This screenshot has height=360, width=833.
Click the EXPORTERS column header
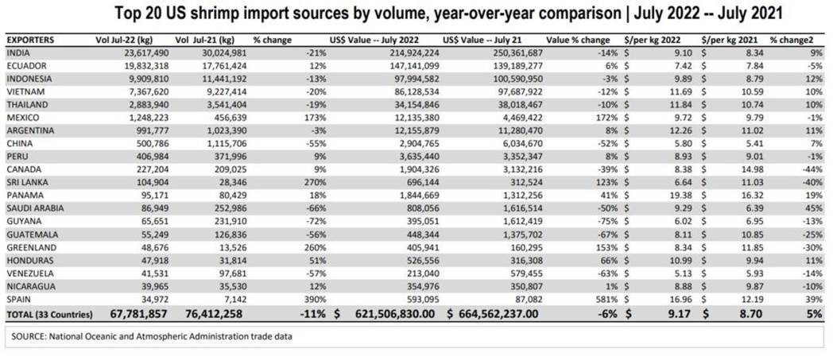point(29,40)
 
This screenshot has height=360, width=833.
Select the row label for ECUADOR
point(25,67)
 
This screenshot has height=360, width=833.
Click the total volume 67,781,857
point(138,315)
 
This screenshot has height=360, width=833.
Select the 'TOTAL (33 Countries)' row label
point(49,315)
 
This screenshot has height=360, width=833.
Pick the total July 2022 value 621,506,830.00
point(395,315)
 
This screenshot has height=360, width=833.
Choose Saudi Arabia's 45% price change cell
point(816,209)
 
